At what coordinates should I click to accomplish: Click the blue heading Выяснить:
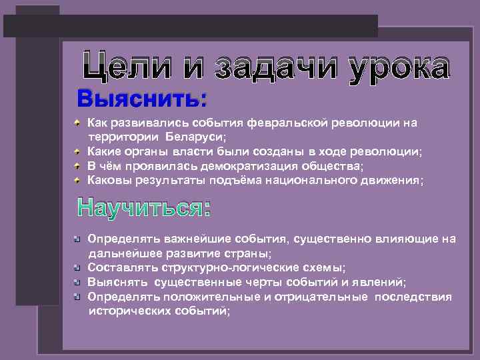[142, 101]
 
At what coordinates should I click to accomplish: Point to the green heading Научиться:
[144, 209]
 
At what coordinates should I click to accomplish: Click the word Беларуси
[199, 137]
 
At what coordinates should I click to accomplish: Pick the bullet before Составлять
[78, 267]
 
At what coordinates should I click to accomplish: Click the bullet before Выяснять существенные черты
[78, 282]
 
